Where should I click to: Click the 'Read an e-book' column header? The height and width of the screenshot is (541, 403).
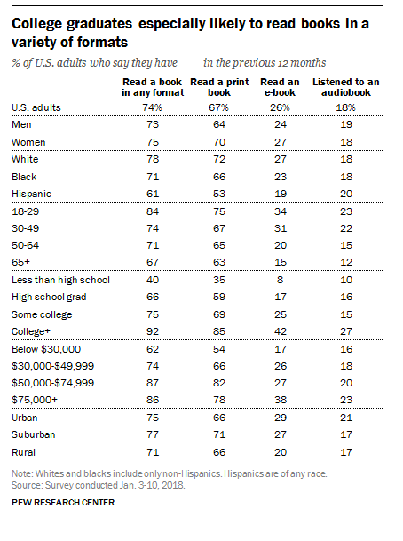tap(280, 87)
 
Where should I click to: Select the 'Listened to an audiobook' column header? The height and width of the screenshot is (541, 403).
tap(346, 87)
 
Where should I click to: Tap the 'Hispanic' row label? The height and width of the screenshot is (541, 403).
tap(31, 195)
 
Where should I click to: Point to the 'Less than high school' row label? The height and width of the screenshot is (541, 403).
tap(60, 280)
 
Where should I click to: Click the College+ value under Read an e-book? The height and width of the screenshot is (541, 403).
tap(281, 331)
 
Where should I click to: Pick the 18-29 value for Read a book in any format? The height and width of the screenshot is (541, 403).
tap(153, 211)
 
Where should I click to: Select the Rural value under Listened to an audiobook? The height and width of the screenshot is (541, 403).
tap(346, 452)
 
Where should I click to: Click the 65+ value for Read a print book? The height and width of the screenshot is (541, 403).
tap(219, 262)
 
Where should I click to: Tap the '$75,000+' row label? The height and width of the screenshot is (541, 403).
tap(35, 400)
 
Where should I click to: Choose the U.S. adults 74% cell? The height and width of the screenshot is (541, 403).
tap(153, 107)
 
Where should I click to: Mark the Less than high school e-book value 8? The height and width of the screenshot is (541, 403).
tap(280, 280)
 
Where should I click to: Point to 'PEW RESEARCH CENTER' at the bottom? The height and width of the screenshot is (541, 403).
tap(63, 503)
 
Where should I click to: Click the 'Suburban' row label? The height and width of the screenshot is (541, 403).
tap(34, 434)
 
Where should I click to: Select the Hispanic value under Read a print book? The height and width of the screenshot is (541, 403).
tap(219, 194)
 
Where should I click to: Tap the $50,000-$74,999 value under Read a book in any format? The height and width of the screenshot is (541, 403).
tap(153, 383)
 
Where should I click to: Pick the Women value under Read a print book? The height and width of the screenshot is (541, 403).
tap(219, 142)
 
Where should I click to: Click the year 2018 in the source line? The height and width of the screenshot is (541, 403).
tap(172, 485)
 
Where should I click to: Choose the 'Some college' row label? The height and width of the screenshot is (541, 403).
tap(42, 314)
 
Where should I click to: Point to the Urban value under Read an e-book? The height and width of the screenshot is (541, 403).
tap(281, 418)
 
